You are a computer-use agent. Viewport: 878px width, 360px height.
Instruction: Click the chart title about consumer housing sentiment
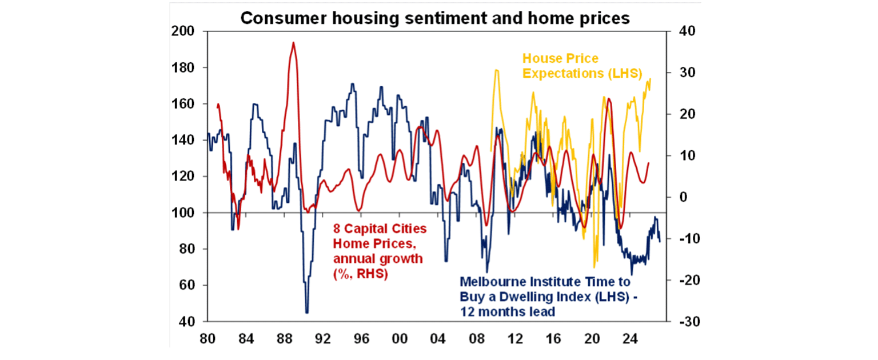pos(434,18)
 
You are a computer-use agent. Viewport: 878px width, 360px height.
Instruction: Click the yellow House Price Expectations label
pos(582,66)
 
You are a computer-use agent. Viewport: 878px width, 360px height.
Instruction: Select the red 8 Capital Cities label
pos(380,251)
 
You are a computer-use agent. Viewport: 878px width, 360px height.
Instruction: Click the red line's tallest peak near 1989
pos(293,43)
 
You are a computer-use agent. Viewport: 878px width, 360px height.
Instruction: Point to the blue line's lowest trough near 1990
pos(307,312)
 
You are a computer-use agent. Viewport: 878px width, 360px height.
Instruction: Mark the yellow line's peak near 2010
pos(497,70)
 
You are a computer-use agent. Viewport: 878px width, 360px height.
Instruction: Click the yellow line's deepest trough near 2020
pos(594,266)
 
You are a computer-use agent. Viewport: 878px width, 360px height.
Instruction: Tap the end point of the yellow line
pos(650,79)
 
